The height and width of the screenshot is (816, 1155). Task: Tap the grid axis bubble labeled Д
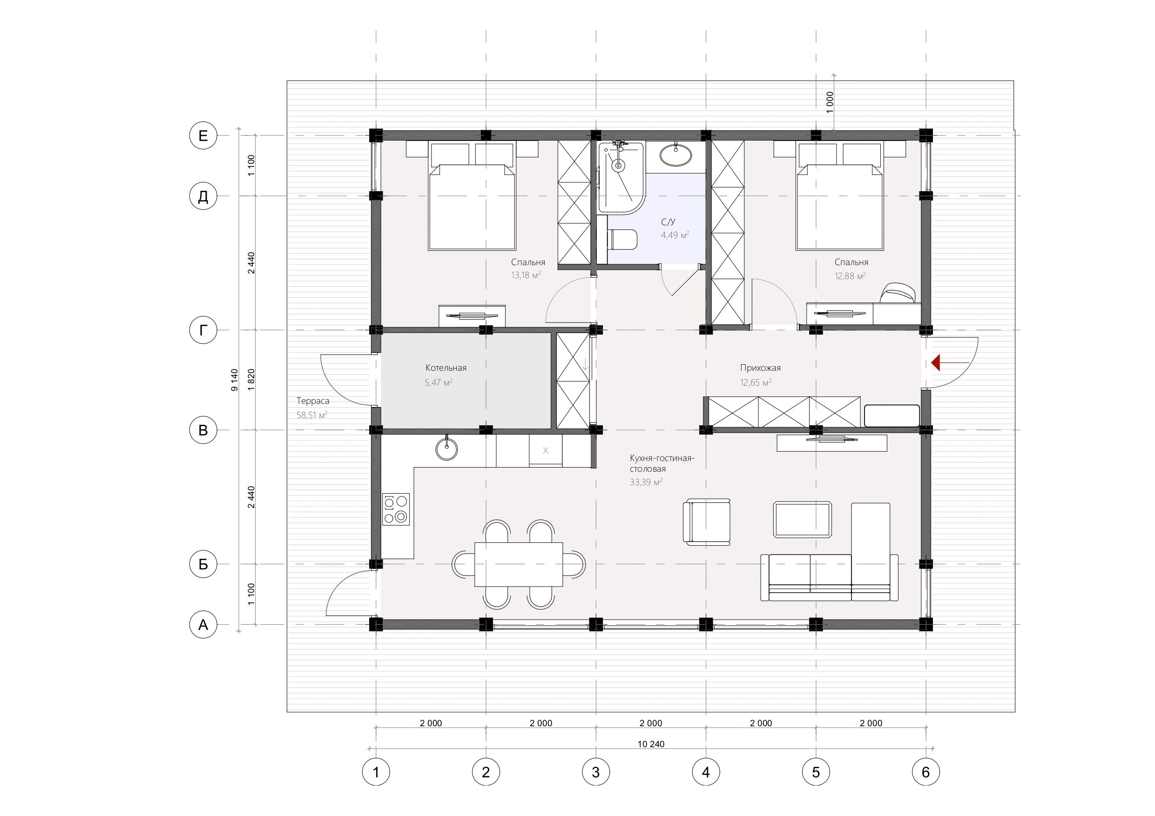[203, 196]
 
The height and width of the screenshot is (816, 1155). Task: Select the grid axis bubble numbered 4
[706, 772]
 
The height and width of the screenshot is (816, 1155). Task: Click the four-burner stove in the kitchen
[396, 509]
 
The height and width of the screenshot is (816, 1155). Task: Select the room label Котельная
[446, 368]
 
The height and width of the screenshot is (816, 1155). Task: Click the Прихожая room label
[760, 368]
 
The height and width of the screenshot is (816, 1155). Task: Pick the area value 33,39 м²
[646, 482]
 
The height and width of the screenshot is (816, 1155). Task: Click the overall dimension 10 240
[651, 743]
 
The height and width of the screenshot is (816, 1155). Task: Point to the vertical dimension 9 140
[234, 380]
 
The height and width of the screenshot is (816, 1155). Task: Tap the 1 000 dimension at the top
[830, 102]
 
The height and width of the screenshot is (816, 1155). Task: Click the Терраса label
[313, 401]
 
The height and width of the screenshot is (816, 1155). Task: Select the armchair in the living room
[706, 522]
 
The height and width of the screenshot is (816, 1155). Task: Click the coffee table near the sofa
[803, 519]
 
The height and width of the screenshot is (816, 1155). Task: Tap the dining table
[519, 564]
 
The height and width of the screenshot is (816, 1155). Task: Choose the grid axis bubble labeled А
[203, 624]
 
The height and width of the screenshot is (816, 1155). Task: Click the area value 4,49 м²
[675, 235]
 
